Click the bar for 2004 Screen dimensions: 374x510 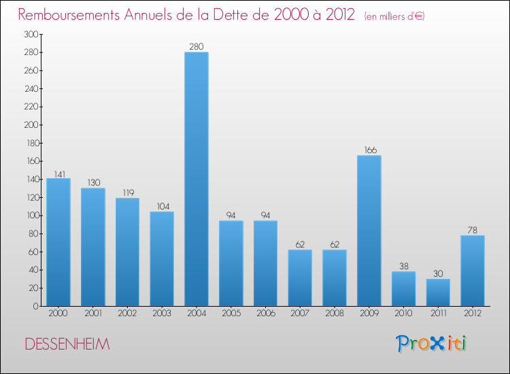click(197, 179)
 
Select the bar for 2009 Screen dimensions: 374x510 click(369, 231)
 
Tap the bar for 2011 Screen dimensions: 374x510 click(438, 292)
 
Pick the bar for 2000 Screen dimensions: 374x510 click(58, 242)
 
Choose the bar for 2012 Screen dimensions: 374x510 click(473, 271)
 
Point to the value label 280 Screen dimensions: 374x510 click(197, 47)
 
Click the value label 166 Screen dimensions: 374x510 click(369, 150)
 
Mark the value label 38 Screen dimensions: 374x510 click(404, 267)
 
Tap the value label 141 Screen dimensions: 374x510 click(58, 173)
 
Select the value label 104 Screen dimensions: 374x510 click(162, 207)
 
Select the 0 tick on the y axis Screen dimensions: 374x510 click(35, 306)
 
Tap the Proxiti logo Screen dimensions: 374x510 click(432, 343)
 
